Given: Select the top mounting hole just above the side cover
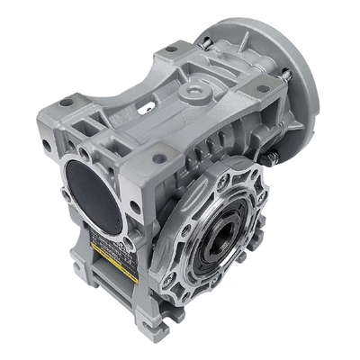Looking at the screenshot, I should (x=158, y=158).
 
